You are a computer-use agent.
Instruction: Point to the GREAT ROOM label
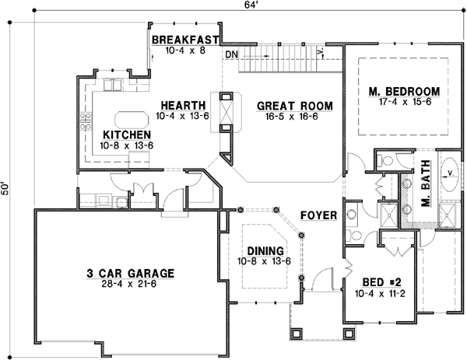tap(295, 106)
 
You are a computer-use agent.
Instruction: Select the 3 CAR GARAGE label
tap(130, 273)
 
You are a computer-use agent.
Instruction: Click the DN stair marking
tap(230, 54)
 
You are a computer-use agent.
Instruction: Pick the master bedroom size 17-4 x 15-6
tap(404, 100)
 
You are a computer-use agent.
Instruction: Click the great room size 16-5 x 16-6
tap(295, 116)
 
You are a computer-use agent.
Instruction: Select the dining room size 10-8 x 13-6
tap(265, 260)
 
